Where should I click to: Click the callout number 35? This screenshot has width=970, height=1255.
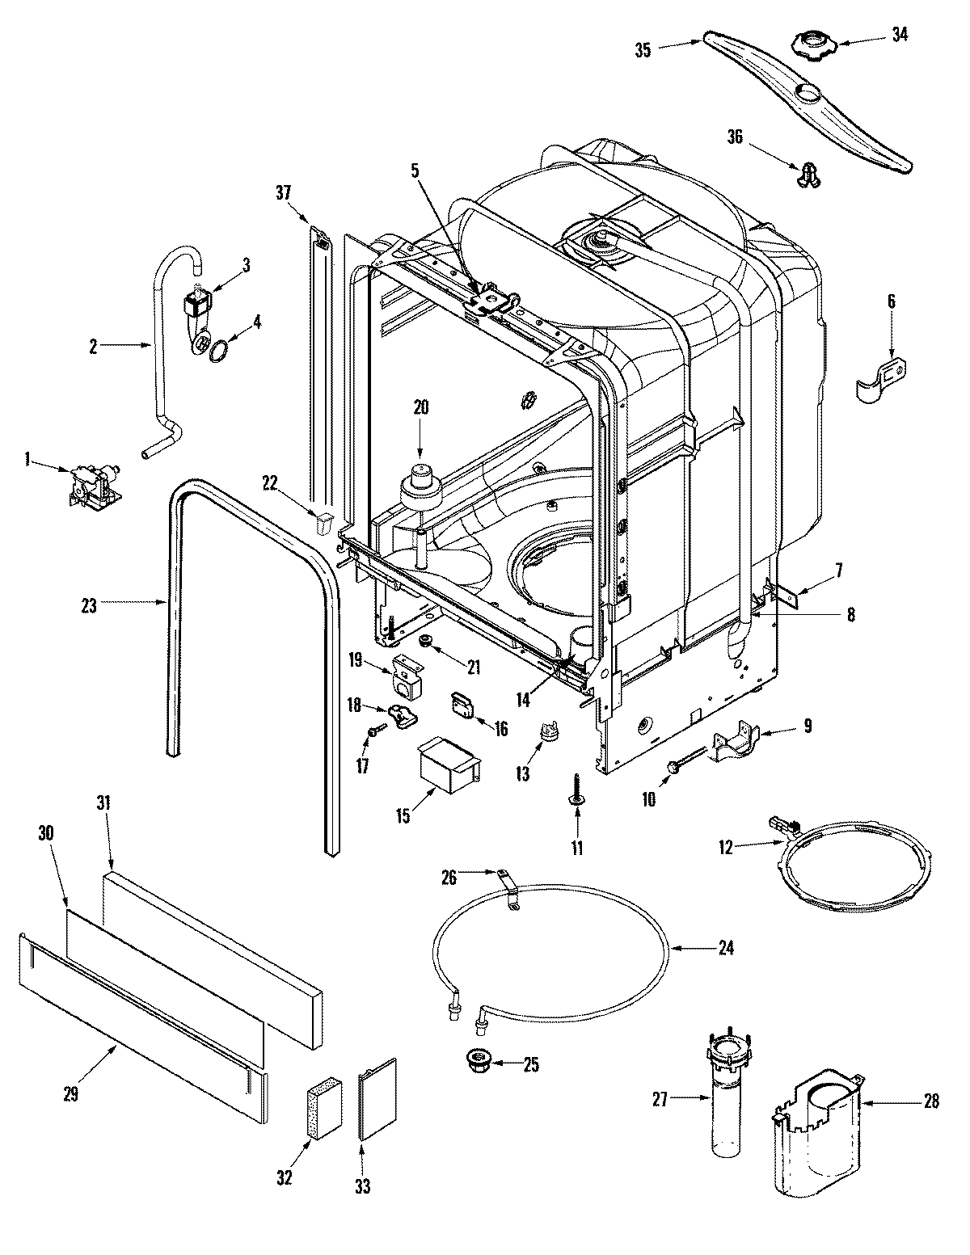(x=643, y=49)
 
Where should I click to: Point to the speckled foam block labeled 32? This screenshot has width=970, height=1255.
(x=325, y=1111)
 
